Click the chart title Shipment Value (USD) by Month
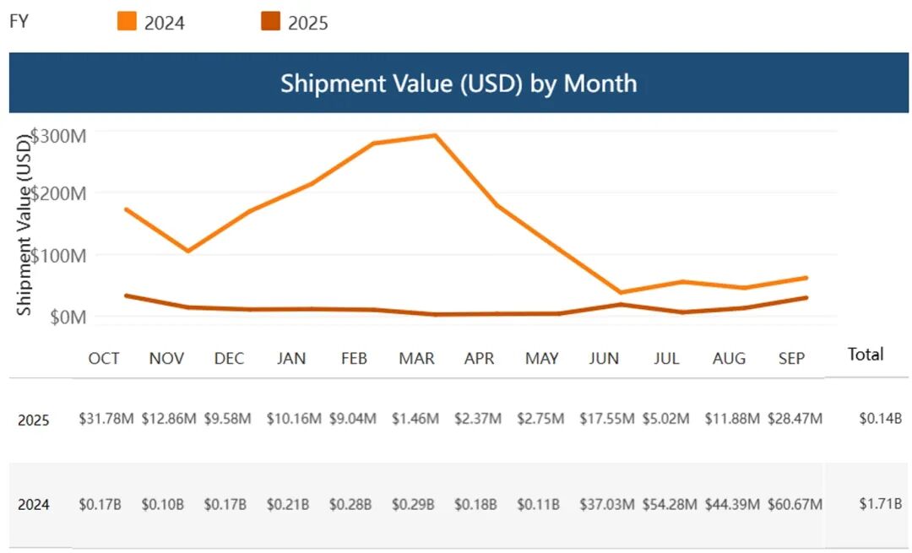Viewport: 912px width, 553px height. pyautogui.click(x=458, y=84)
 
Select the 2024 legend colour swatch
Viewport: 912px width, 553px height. pyautogui.click(x=127, y=21)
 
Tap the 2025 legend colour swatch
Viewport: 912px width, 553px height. pyautogui.click(x=271, y=21)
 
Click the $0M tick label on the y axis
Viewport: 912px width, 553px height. pyautogui.click(x=68, y=317)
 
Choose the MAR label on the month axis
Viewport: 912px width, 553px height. pyautogui.click(x=416, y=359)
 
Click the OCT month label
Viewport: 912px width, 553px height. pyautogui.click(x=104, y=359)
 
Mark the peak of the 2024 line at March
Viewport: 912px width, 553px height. pyautogui.click(x=435, y=135)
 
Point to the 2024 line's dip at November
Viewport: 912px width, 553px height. pyautogui.click(x=187, y=251)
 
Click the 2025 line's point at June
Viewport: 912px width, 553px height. pyautogui.click(x=622, y=304)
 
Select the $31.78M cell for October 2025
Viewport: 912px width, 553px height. pyautogui.click(x=106, y=419)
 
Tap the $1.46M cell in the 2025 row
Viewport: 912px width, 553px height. pyautogui.click(x=415, y=419)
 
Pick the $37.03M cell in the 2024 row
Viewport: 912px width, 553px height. pyautogui.click(x=606, y=505)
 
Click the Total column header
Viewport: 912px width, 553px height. pyautogui.click(x=866, y=355)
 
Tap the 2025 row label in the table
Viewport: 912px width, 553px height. pyautogui.click(x=34, y=420)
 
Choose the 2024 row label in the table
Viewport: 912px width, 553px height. pyautogui.click(x=34, y=505)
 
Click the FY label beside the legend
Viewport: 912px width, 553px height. pyautogui.click(x=19, y=22)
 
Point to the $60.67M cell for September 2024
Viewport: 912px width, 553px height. pyautogui.click(x=795, y=505)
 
